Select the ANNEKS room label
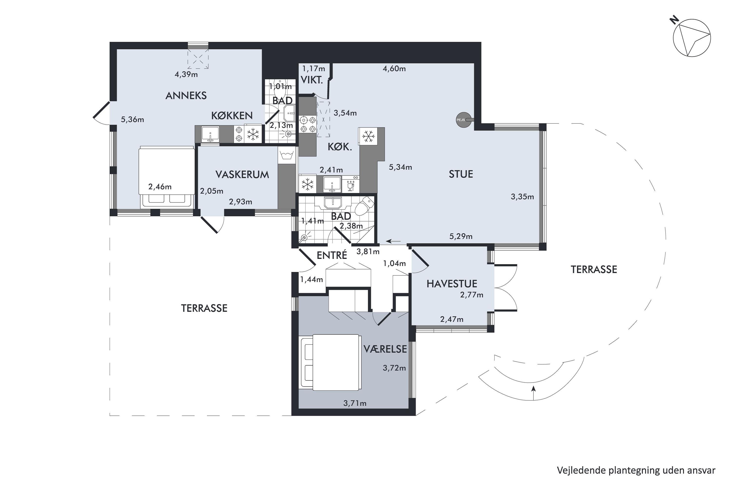(186, 96)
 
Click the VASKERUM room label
(242, 175)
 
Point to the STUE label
(461, 174)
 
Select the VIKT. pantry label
(312, 80)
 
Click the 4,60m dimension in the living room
(394, 69)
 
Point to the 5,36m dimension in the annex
(132, 120)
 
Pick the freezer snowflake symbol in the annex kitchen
(253, 134)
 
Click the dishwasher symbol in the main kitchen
(350, 184)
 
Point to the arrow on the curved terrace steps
(534, 393)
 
